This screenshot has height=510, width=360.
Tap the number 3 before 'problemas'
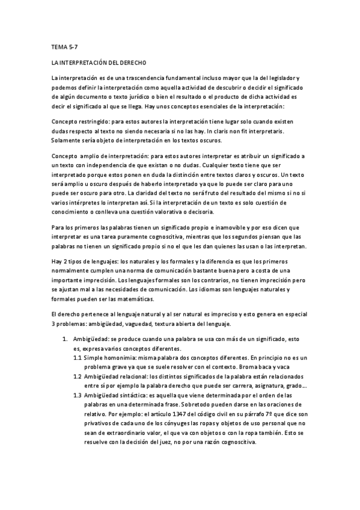click(54, 324)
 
